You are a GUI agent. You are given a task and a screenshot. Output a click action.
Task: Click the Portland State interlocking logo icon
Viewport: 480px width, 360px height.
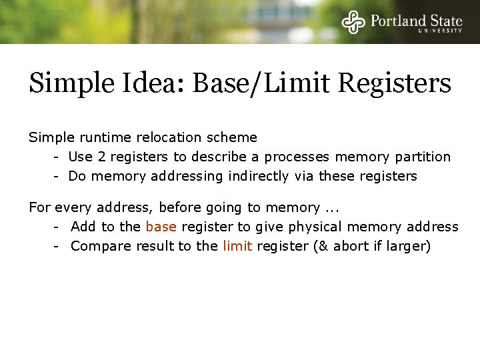[x=354, y=22]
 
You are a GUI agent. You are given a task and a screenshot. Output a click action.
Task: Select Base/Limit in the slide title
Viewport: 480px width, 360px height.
[x=264, y=84]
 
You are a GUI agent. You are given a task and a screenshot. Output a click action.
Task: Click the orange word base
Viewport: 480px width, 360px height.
[x=161, y=227]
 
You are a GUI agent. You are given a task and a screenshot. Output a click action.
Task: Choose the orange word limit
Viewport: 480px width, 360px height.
[x=237, y=246]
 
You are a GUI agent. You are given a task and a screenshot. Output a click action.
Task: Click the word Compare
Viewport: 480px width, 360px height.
[x=101, y=246]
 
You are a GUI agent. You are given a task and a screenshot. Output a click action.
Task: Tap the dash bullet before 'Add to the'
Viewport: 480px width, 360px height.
[x=58, y=227]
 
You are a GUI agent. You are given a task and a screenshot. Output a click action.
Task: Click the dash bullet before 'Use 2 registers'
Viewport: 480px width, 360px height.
[x=58, y=157]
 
